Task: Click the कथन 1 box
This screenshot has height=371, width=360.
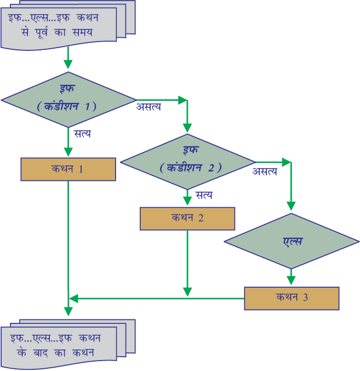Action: [x=68, y=169]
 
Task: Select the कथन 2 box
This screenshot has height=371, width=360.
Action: [x=187, y=219]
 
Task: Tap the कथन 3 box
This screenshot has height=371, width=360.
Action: [x=292, y=298]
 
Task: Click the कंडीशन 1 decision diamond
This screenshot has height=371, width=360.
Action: [x=68, y=100]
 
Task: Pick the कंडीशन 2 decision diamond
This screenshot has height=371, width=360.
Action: [x=188, y=162]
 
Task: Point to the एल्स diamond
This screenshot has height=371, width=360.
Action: [x=292, y=241]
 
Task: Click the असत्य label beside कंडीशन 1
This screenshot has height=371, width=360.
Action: [x=148, y=107]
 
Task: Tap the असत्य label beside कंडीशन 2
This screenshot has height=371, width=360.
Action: [x=265, y=172]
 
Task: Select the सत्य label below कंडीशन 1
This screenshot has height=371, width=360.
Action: [x=83, y=134]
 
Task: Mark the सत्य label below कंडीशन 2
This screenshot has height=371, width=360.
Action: [x=204, y=195]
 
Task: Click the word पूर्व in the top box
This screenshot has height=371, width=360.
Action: [x=42, y=32]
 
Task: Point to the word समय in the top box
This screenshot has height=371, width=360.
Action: [x=82, y=32]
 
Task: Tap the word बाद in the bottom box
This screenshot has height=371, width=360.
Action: [x=41, y=353]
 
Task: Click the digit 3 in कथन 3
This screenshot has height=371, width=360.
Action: [x=306, y=297]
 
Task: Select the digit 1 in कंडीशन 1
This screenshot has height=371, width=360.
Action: [x=88, y=106]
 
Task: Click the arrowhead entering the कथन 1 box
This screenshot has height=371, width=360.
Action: [x=68, y=152]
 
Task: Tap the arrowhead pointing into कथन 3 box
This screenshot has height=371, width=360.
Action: [x=291, y=281]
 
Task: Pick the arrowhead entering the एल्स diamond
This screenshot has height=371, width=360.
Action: [x=291, y=206]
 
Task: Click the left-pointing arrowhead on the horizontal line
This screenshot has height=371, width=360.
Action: [x=73, y=299]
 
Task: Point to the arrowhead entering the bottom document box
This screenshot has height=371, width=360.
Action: [x=68, y=312]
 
